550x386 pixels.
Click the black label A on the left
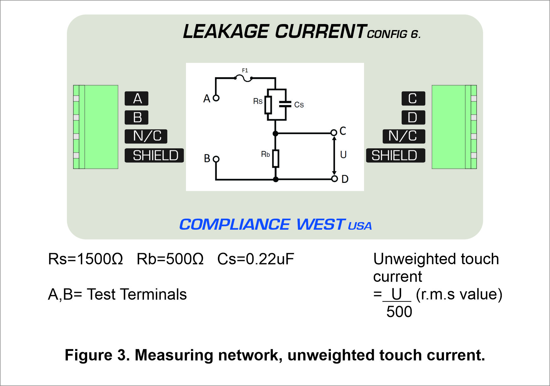point(136,98)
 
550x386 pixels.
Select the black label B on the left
point(136,117)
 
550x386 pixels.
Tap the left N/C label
point(146,136)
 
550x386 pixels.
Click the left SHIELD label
point(154,155)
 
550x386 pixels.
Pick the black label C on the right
point(413,98)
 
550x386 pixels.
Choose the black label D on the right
point(413,117)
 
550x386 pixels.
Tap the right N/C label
point(404,136)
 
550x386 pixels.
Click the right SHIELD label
point(396,155)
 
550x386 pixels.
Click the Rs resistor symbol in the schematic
point(268,105)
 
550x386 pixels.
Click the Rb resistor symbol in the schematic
point(276,158)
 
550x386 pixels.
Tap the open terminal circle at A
point(216,98)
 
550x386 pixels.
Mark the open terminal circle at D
point(334,179)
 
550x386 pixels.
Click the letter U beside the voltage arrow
point(343,155)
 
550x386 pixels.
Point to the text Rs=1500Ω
point(86,259)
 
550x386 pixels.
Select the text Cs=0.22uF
point(256,259)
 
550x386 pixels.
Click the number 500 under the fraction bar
point(399,312)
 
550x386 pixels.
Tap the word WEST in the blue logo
point(320,224)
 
